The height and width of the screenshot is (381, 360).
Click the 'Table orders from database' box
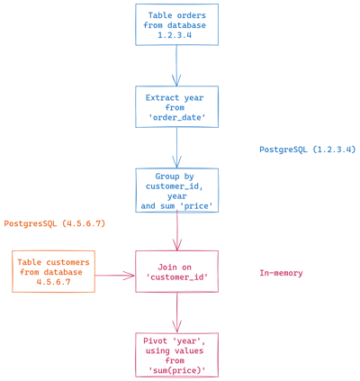click(x=176, y=25)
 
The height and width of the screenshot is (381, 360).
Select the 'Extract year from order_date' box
click(x=176, y=107)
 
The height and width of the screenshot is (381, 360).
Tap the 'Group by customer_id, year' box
click(x=176, y=190)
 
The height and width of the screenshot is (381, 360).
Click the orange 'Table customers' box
click(x=53, y=271)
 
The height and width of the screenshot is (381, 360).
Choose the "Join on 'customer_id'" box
click(x=176, y=271)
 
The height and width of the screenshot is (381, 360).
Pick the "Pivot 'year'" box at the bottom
click(x=176, y=355)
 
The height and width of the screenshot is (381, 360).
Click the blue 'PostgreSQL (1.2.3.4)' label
click(x=307, y=150)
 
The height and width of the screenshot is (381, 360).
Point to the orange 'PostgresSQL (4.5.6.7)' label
click(x=54, y=223)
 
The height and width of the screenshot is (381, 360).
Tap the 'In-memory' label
click(x=281, y=273)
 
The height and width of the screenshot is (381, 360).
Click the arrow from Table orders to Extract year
click(x=176, y=66)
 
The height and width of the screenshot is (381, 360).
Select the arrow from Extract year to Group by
click(x=176, y=148)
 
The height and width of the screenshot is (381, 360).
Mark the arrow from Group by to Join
click(x=176, y=231)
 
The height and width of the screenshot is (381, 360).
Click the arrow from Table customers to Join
click(x=114, y=276)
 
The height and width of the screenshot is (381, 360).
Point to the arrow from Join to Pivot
click(x=176, y=313)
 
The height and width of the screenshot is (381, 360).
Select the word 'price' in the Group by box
click(x=199, y=206)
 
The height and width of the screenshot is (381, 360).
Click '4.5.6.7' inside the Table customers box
click(x=53, y=282)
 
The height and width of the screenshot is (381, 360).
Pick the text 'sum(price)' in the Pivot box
click(x=176, y=371)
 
